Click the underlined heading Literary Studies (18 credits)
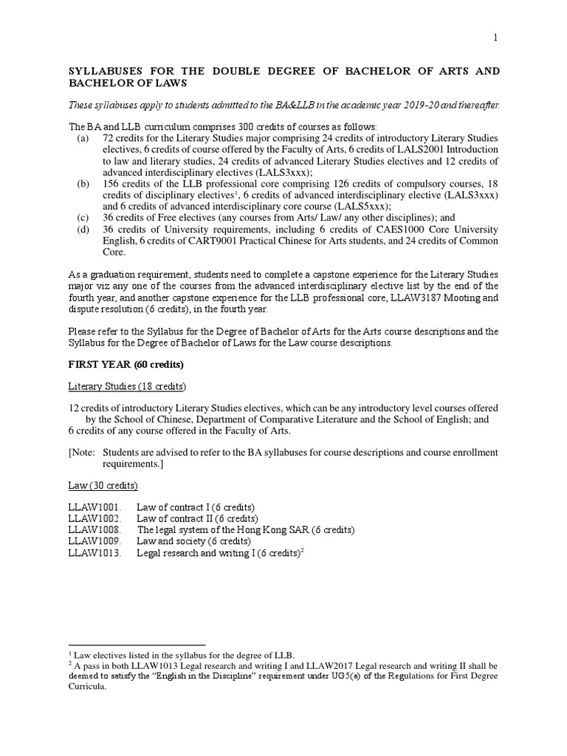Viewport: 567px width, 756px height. click(x=127, y=387)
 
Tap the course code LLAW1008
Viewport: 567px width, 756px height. click(x=92, y=530)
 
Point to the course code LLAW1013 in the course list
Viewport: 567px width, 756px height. click(x=92, y=553)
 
